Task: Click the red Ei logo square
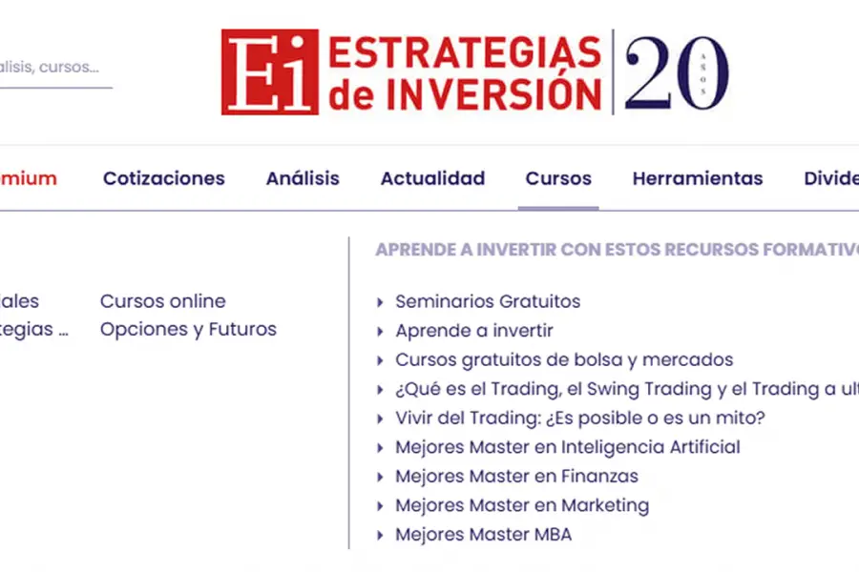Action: click(269, 71)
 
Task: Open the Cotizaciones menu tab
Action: click(164, 178)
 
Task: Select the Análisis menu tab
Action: click(303, 178)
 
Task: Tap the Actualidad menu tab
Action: click(432, 178)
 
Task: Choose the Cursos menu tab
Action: click(558, 178)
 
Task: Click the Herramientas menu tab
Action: click(698, 178)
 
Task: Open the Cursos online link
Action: click(163, 301)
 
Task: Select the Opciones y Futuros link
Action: click(188, 330)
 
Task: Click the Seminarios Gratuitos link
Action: click(488, 301)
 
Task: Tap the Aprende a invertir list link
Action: click(474, 331)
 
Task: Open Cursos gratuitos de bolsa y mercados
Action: click(564, 359)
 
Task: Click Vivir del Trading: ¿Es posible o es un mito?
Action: click(580, 418)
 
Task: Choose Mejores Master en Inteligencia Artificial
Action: click(568, 447)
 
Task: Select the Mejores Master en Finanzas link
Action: click(516, 476)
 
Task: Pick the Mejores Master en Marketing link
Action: click(522, 505)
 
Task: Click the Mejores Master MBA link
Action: click(484, 535)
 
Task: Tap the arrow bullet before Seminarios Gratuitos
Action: click(381, 302)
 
